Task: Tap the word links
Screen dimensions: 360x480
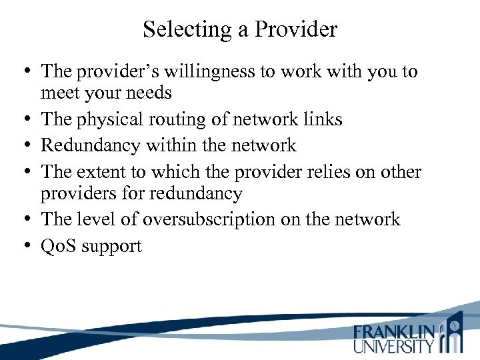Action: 319,119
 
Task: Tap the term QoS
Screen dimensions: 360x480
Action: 57,246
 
